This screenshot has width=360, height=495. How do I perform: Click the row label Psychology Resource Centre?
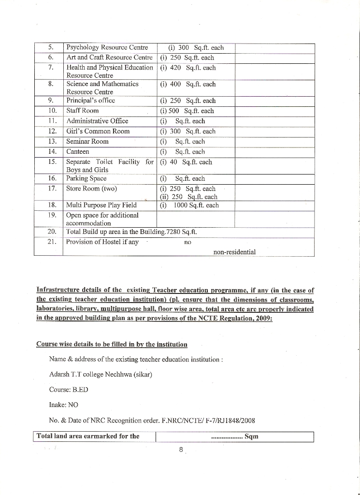point(106,48)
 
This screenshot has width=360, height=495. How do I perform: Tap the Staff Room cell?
point(82,111)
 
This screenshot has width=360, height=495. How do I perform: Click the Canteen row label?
point(77,152)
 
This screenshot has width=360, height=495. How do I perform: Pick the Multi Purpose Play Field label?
point(101,205)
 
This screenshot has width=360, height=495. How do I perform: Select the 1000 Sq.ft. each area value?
point(196,205)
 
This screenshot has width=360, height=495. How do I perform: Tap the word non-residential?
point(234,252)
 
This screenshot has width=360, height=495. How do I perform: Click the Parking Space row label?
point(86,178)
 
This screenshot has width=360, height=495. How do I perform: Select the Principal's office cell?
point(90,101)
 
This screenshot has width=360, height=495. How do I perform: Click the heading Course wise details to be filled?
point(112,344)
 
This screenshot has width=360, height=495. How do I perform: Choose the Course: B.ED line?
point(69,389)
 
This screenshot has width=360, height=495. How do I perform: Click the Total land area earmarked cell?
point(88,436)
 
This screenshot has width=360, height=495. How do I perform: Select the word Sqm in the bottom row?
point(251,436)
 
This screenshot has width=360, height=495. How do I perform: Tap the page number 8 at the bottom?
point(181,450)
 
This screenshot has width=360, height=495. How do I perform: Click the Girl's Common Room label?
point(98,131)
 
